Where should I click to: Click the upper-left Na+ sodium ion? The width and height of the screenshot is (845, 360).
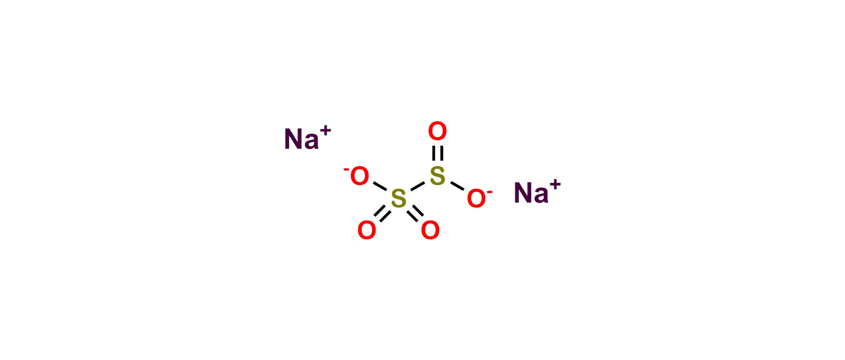tap(307, 137)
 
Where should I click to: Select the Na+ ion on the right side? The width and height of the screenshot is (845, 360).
tap(537, 191)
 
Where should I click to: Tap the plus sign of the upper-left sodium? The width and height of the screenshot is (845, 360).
tap(326, 131)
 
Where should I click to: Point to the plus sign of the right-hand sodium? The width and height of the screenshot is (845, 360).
tap(555, 184)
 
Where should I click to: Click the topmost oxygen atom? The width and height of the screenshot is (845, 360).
tap(437, 131)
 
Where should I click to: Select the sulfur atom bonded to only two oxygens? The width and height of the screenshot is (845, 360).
tap(437, 176)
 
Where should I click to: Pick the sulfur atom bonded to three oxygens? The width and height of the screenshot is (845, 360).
tap(399, 198)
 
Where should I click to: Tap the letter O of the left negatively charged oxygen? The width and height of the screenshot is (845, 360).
tap(359, 176)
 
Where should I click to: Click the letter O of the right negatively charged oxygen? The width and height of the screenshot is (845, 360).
tap(476, 198)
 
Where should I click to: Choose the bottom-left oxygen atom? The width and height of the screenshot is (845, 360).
tap(367, 230)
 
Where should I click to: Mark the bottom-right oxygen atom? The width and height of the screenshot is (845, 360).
tap(430, 230)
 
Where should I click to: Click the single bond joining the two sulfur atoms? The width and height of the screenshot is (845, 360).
tap(417, 187)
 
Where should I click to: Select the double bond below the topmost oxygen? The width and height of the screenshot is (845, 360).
tap(437, 154)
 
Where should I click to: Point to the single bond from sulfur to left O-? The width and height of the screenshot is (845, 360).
tap(380, 186)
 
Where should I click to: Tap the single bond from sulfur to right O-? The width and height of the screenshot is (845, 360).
tap(457, 186)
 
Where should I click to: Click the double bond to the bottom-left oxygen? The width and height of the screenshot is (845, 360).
tap(382, 213)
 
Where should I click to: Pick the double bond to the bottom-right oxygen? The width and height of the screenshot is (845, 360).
tap(415, 213)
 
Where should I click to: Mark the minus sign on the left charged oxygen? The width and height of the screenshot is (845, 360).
tap(346, 170)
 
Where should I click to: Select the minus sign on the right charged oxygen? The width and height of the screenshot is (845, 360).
tap(490, 192)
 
